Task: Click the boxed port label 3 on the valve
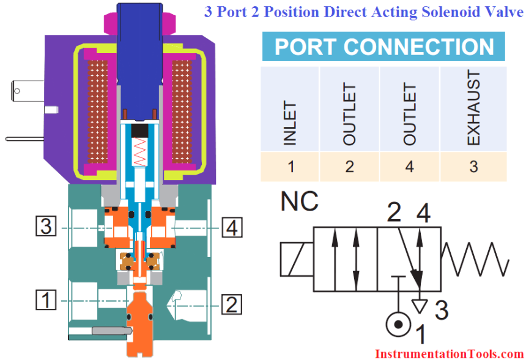pyautogui.click(x=45, y=227)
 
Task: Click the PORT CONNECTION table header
pyautogui.click(x=383, y=47)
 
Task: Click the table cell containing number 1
pyautogui.click(x=290, y=166)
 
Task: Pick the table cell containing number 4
pyautogui.click(x=410, y=166)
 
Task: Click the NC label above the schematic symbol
pyautogui.click(x=300, y=202)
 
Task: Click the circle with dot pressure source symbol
pyautogui.click(x=398, y=325)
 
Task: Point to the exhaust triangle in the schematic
pyautogui.click(x=420, y=304)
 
